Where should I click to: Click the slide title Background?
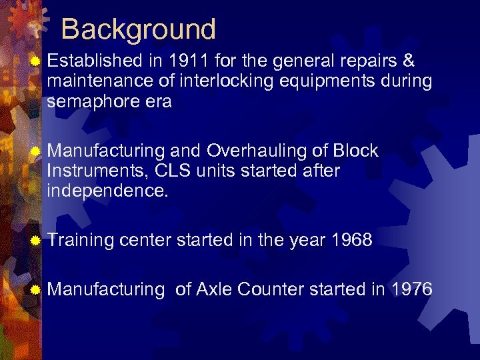[139, 30]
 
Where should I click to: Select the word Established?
[95, 61]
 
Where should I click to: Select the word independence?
[107, 191]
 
